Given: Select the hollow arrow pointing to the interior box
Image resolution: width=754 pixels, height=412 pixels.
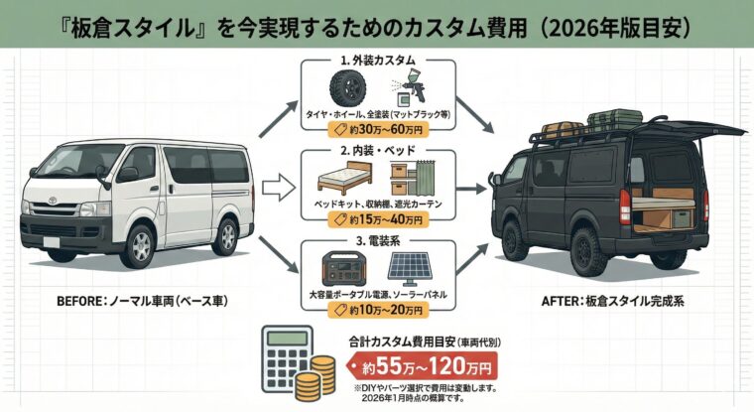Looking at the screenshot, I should coord(281,184).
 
